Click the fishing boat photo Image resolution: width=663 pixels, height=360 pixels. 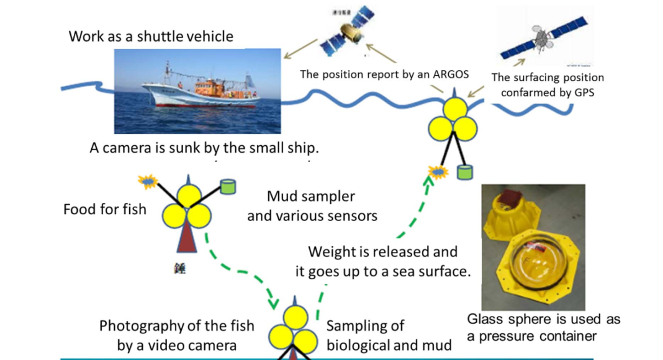click(x=197, y=92)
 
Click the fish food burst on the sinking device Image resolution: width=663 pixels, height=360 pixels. click(x=148, y=181)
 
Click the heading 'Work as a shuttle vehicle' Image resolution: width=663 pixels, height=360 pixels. click(x=151, y=36)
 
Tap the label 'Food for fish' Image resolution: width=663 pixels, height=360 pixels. click(x=105, y=209)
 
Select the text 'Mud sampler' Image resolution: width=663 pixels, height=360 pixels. click(x=311, y=197)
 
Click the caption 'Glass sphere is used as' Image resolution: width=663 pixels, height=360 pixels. click(x=543, y=320)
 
